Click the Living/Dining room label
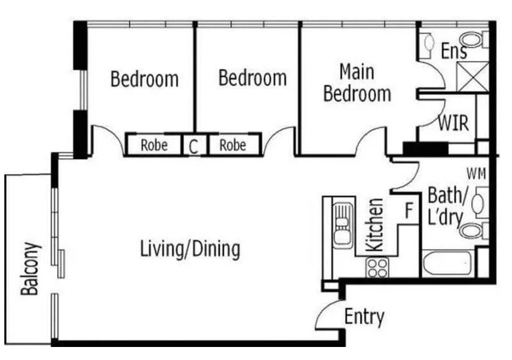190,249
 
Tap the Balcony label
31,269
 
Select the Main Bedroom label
357,83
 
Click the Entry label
364,317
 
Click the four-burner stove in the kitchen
377,268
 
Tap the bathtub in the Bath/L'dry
448,263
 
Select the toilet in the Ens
474,40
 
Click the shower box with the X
472,77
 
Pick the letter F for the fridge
409,211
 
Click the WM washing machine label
477,174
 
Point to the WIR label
453,123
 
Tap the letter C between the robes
193,147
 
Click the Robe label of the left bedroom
154,145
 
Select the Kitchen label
374,225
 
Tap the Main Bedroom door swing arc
368,135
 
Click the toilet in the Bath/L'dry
474,230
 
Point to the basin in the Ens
428,42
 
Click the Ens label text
454,51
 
